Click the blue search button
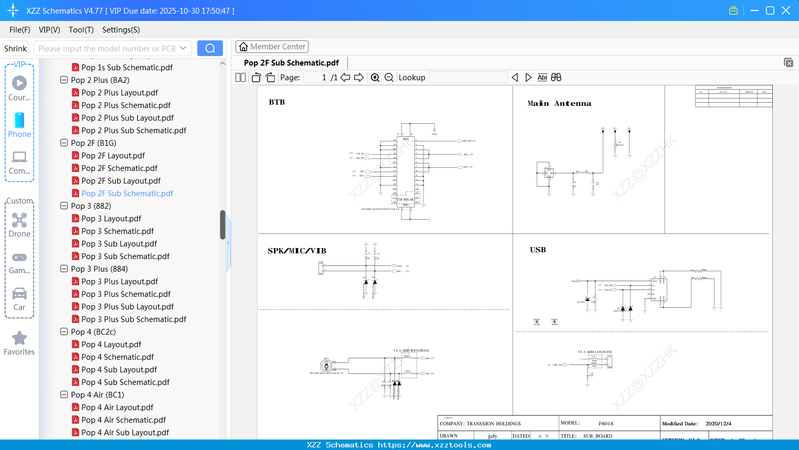pyautogui.click(x=210, y=48)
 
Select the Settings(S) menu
pyautogui.click(x=121, y=30)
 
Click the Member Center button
pyautogui.click(x=272, y=47)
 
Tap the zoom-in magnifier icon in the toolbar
pyautogui.click(x=375, y=78)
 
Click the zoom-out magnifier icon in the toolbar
pyautogui.click(x=389, y=78)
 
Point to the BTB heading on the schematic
pyautogui.click(x=277, y=102)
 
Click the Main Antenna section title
pyautogui.click(x=559, y=104)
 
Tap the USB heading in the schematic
pyautogui.click(x=538, y=250)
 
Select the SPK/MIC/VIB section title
pyautogui.click(x=297, y=251)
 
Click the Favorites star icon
pyautogui.click(x=19, y=338)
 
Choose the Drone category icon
pyautogui.click(x=19, y=220)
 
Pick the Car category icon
pyautogui.click(x=19, y=294)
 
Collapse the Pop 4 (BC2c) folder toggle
pyautogui.click(x=64, y=332)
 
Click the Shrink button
pyautogui.click(x=16, y=48)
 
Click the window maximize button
pyautogui.click(x=770, y=10)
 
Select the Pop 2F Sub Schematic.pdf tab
pyautogui.click(x=291, y=63)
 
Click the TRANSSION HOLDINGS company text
pyautogui.click(x=494, y=424)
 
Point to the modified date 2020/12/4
pyautogui.click(x=718, y=424)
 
